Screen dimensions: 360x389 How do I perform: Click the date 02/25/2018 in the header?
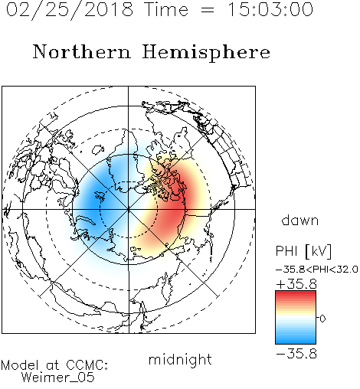click(x=70, y=10)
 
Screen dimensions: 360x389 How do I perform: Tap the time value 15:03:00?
click(x=270, y=9)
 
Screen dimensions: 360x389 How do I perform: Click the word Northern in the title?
click(x=82, y=51)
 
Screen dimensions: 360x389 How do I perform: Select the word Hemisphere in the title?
click(x=206, y=53)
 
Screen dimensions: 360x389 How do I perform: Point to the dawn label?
click(x=300, y=220)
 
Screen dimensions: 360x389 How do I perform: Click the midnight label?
click(x=180, y=360)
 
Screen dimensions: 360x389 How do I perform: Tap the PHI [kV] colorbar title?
click(x=304, y=251)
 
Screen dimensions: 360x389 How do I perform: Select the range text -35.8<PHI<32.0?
click(x=317, y=270)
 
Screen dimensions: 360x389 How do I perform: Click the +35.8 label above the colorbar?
click(x=296, y=284)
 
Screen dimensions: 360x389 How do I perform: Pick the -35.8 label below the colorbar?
click(x=296, y=354)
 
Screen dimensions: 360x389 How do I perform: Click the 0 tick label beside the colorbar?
click(x=322, y=319)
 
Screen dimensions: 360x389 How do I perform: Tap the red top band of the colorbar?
click(x=296, y=294)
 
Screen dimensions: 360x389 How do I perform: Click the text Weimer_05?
click(x=58, y=378)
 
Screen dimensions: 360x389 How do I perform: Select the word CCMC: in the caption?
click(x=87, y=365)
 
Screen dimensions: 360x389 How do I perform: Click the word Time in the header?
click(x=166, y=9)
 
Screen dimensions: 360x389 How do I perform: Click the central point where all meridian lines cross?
click(x=129, y=210)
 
